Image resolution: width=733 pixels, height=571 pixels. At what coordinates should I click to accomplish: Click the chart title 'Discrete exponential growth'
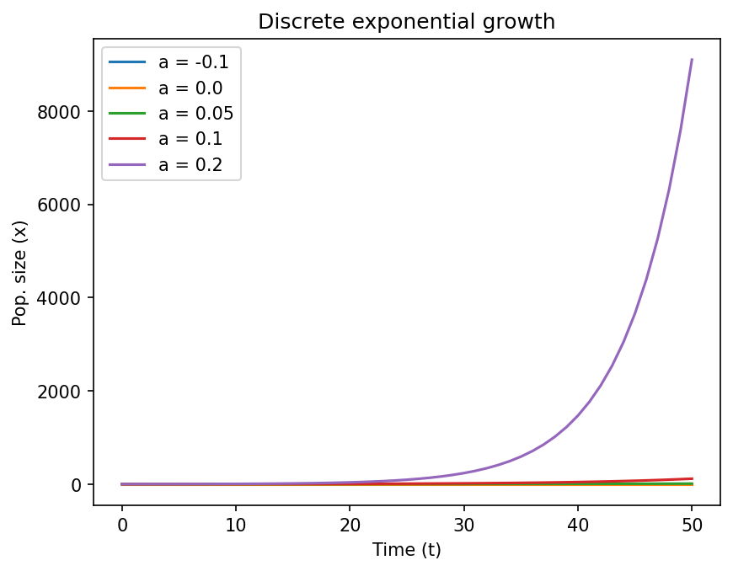[x=406, y=22]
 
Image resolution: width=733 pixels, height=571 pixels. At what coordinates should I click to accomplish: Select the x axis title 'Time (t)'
[x=406, y=550]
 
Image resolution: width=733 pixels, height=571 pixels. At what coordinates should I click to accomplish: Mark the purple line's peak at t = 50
[x=692, y=60]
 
